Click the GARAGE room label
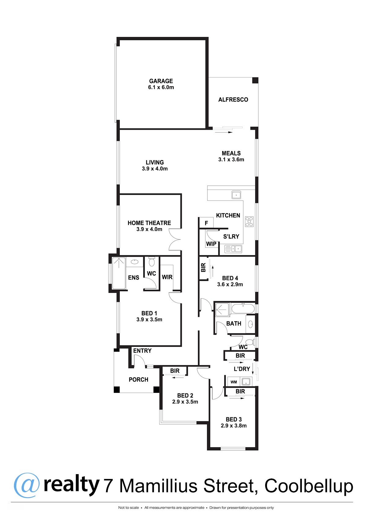[x=161, y=81]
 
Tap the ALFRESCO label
[x=233, y=100]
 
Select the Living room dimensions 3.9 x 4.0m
[x=155, y=169]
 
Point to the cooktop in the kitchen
[x=249, y=222]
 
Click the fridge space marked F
[x=206, y=223]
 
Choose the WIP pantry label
[x=211, y=244]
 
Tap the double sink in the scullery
[x=233, y=249]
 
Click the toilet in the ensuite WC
[x=152, y=262]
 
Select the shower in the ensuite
[x=119, y=273]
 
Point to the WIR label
[x=167, y=277]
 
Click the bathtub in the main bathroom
[x=243, y=308]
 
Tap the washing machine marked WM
[x=234, y=382]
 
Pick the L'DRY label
[x=242, y=369]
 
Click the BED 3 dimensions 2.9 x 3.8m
[x=234, y=426]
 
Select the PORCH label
[x=139, y=379]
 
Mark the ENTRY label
[x=142, y=351]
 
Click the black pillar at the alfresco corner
[x=255, y=80]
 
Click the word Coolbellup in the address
[x=309, y=486]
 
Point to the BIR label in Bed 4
[x=203, y=268]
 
